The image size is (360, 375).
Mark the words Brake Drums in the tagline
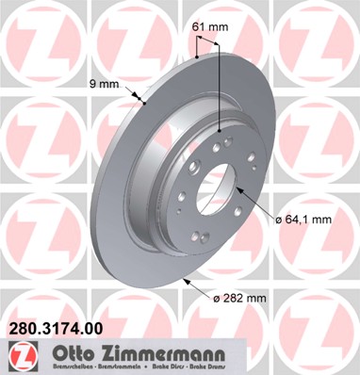(206, 366)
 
